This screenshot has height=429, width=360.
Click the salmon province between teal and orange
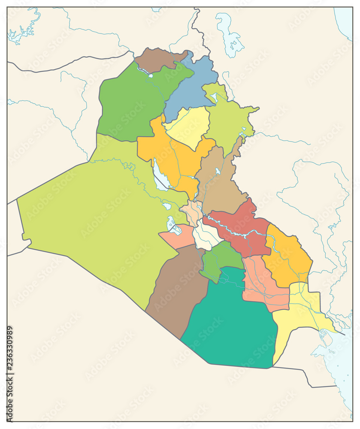coord(262,283)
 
